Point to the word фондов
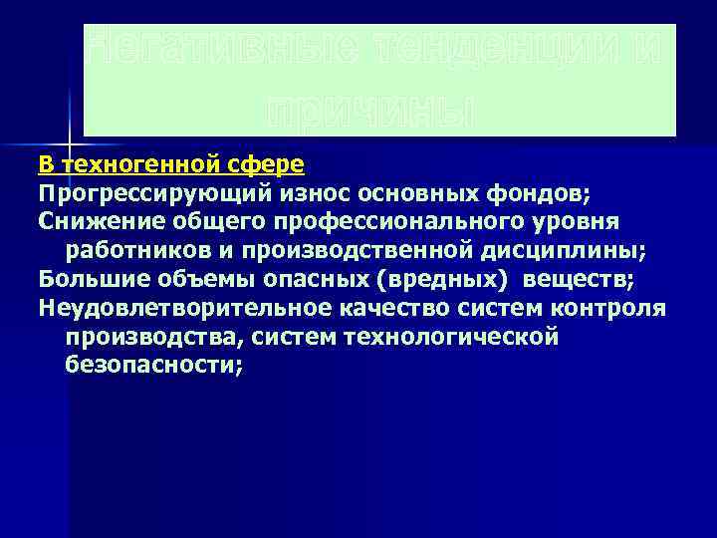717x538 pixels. click(x=545, y=188)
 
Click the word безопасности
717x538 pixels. click(x=153, y=364)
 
